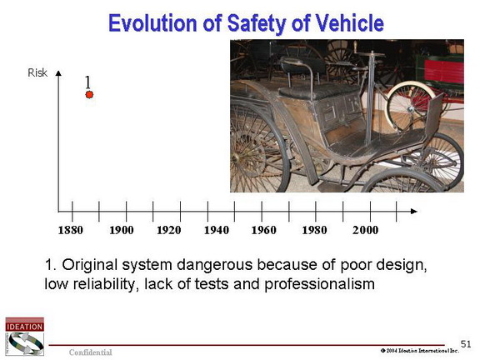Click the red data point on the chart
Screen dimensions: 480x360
coord(89,95)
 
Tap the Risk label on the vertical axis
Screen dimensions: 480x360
coord(37,72)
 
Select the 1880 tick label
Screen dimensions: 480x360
coord(70,230)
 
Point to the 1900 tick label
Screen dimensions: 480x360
coord(122,230)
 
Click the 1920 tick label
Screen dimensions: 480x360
coord(168,230)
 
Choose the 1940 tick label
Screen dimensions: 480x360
coord(217,230)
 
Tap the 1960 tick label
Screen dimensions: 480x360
coord(263,230)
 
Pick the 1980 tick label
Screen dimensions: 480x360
coord(314,230)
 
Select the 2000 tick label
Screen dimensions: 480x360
coord(365,230)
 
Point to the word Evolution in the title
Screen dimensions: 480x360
coord(152,23)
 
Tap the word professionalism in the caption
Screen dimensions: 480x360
coord(319,284)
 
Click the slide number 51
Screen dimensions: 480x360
coord(466,344)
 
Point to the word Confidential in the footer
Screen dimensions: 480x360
coord(90,352)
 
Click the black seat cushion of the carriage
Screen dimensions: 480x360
coord(318,91)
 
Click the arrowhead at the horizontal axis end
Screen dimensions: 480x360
coord(414,211)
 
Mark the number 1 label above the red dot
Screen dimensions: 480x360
coord(87,82)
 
